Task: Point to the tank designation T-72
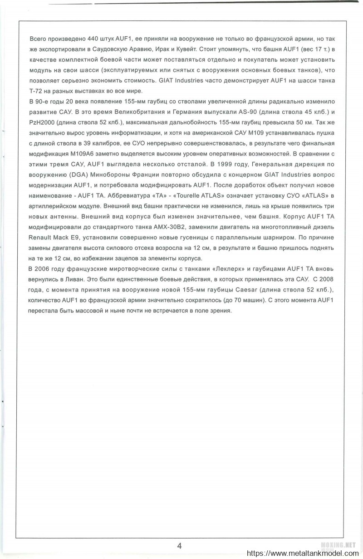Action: pyautogui.click(x=35, y=91)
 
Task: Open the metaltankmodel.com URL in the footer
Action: pyautogui.click(x=301, y=554)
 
